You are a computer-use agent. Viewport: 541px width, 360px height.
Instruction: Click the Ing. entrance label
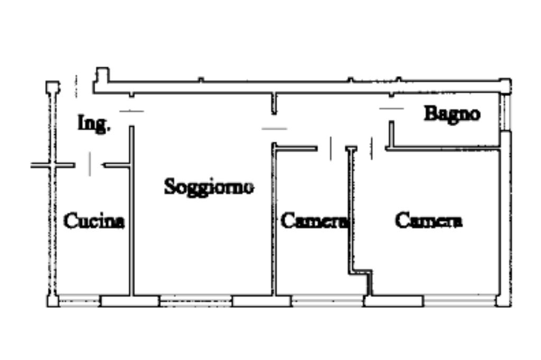[94, 124]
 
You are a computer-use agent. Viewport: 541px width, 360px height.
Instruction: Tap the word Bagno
[452, 113]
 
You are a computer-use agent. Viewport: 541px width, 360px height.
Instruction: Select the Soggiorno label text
[209, 186]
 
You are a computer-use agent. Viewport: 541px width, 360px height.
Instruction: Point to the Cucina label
[94, 221]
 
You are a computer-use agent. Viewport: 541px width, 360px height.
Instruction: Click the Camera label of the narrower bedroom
[314, 221]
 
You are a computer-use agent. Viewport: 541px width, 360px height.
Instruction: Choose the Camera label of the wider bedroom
[428, 220]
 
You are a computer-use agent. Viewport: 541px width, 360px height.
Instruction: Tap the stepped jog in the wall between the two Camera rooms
[361, 272]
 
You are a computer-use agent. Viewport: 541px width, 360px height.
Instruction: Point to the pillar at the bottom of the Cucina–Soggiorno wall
[130, 301]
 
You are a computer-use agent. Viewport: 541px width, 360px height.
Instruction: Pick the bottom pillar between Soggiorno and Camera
[262, 301]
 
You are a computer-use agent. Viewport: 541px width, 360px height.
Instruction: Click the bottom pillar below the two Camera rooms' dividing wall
[394, 301]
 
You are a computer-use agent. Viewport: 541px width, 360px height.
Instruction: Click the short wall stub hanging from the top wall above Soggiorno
[274, 104]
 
